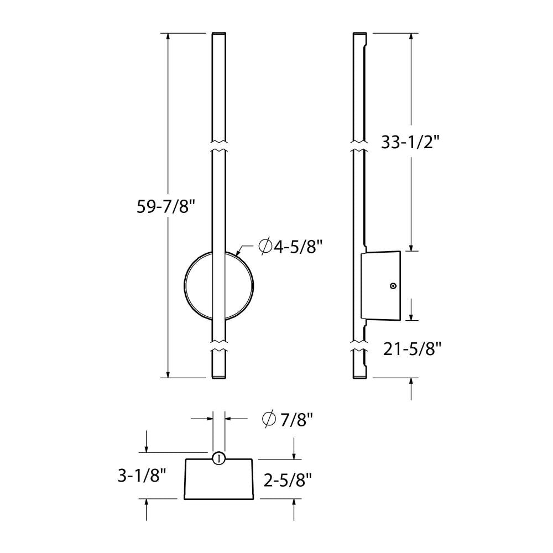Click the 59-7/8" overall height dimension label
click(166, 206)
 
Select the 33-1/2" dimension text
click(410, 142)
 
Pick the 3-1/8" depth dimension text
click(142, 476)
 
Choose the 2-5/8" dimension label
click(288, 479)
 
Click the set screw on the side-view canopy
click(392, 286)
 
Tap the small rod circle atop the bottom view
click(219, 457)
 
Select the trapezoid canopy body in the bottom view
click(219, 480)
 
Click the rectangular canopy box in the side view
click(380, 286)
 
